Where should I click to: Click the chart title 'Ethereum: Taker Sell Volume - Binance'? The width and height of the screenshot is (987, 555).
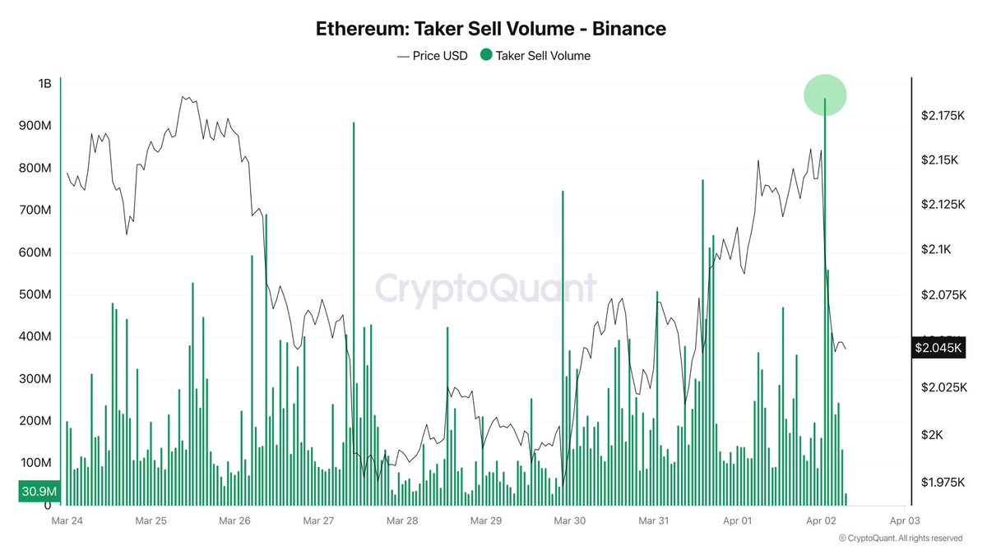(491, 29)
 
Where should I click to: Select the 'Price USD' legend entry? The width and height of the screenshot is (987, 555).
(433, 56)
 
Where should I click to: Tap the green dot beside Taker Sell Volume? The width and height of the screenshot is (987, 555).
(486, 56)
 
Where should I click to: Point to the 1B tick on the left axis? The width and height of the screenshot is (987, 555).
(44, 84)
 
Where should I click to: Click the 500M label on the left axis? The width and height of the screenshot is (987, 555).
(37, 294)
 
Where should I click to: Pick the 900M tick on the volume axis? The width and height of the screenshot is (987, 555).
(37, 126)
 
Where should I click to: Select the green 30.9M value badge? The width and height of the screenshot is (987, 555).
(39, 491)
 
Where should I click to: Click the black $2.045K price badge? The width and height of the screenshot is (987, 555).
(938, 348)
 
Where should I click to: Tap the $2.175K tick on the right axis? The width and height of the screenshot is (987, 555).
(943, 116)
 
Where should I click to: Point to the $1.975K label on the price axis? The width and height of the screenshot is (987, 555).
(943, 482)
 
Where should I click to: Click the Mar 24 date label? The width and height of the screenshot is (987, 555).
(67, 520)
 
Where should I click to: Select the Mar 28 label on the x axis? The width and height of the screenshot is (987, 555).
(401, 520)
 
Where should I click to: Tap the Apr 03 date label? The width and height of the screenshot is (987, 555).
(903, 520)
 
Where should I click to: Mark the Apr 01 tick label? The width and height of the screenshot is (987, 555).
(737, 520)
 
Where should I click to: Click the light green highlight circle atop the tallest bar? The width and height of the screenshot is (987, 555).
(825, 95)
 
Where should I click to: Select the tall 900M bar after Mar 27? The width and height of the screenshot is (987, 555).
(354, 312)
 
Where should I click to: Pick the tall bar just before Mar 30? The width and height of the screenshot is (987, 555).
(563, 345)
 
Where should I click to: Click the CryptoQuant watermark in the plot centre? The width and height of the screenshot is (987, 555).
(485, 289)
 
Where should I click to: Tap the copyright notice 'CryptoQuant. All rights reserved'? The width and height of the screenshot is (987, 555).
(900, 539)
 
